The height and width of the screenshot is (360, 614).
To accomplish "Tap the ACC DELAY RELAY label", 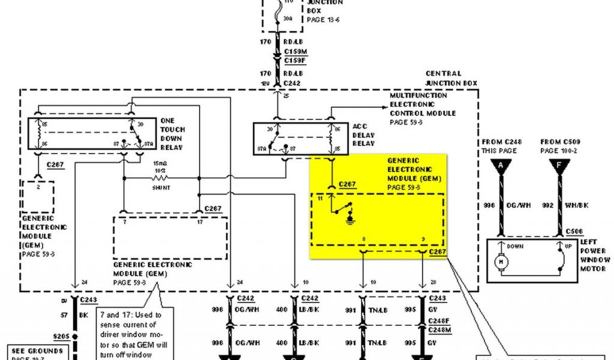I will tap(363, 135).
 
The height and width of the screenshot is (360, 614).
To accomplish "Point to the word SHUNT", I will tap(161, 187).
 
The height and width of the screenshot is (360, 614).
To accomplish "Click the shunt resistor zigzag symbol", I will tap(161, 178).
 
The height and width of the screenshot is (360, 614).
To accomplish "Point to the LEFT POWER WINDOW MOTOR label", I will tap(594, 256).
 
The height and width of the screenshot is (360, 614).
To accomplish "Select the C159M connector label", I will tap(294, 52).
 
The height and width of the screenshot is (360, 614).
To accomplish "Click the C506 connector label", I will tap(573, 231).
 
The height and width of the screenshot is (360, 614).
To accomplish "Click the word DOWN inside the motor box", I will tap(515, 246).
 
